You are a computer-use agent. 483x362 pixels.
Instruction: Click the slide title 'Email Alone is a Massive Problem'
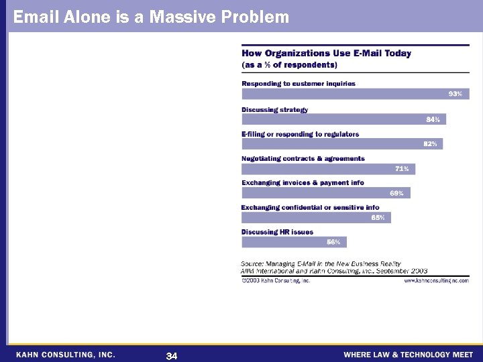click(151, 17)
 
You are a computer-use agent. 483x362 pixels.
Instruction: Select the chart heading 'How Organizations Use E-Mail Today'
click(326, 53)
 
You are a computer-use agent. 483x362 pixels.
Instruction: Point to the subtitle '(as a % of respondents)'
click(289, 65)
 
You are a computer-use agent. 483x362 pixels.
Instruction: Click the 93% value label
click(455, 95)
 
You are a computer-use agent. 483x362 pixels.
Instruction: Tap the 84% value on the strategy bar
click(433, 119)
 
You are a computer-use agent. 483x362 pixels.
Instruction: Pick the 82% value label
click(430, 144)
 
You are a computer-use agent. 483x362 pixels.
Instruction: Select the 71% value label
click(402, 169)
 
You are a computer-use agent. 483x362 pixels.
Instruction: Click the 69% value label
click(396, 193)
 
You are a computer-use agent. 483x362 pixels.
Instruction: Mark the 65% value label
click(378, 218)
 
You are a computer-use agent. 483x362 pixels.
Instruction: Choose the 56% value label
click(333, 242)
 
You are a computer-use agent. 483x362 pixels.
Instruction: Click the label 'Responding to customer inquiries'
click(299, 84)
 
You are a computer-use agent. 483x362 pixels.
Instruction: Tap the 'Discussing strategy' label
click(274, 109)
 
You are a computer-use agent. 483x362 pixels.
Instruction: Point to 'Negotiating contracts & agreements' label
click(303, 159)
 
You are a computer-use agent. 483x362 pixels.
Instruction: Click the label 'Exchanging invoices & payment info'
click(303, 183)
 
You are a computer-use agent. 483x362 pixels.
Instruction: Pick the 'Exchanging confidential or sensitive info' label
click(310, 207)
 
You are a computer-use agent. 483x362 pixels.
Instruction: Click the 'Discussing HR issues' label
click(277, 232)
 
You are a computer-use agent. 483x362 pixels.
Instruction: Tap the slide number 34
click(171, 355)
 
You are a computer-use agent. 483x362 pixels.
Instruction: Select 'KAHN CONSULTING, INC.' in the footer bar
click(66, 354)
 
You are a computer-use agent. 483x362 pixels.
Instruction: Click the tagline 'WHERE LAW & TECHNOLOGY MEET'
click(408, 355)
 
